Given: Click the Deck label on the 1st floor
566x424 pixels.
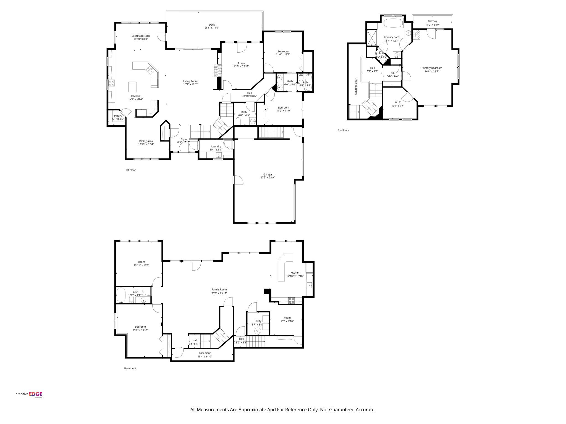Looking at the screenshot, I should [x=211, y=25].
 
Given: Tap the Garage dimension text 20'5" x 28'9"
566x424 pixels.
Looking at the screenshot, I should [x=267, y=178].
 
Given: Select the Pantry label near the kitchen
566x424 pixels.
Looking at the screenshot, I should [x=118, y=116].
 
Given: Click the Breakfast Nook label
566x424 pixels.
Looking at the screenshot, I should [x=140, y=36].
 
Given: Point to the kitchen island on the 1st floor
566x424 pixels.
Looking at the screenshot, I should [x=132, y=86].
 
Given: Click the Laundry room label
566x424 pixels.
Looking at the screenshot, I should [x=216, y=146].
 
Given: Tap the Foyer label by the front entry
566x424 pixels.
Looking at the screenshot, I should [x=184, y=139].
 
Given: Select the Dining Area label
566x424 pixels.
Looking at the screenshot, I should [x=146, y=141].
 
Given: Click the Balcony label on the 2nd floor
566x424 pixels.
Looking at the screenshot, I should [x=432, y=21].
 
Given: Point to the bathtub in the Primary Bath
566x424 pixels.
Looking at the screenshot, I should [x=393, y=23].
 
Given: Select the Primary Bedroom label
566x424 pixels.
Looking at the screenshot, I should [x=431, y=68].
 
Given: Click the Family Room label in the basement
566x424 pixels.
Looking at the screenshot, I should [x=219, y=290].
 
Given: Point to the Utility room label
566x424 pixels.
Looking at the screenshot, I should [x=258, y=321].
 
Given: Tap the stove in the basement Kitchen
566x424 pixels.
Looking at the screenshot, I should [x=291, y=300].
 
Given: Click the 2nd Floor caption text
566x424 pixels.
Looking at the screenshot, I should [x=343, y=130].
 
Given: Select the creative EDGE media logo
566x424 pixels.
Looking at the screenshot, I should [x=29, y=394].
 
